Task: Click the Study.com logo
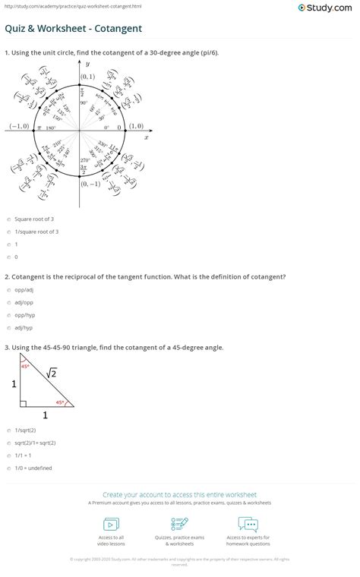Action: click(327, 8)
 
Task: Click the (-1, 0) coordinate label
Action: click(18, 127)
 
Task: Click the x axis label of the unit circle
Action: click(147, 138)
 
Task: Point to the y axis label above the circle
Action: click(87, 65)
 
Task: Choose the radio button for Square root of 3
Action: click(7, 217)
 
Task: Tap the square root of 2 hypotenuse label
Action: click(52, 371)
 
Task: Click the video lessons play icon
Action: click(111, 524)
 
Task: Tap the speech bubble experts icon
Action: click(248, 524)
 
